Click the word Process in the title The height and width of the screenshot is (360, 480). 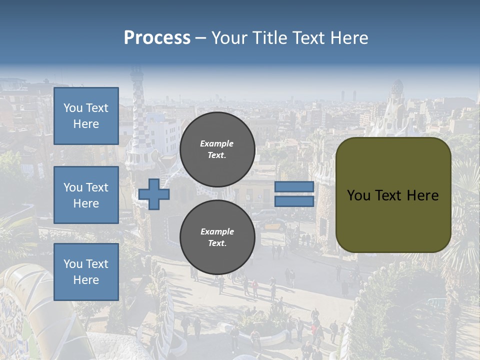(x=157, y=38)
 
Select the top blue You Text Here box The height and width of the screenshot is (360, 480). (x=86, y=116)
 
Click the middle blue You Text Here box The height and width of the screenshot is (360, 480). (x=86, y=195)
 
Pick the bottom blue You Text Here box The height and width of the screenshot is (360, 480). (x=86, y=272)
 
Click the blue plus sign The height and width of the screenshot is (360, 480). (x=154, y=194)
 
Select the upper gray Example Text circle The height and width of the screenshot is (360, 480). (x=217, y=149)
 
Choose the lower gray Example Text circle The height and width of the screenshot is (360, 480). (x=217, y=237)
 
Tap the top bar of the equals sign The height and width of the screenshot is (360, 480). (x=294, y=186)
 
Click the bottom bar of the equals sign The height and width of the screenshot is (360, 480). (x=294, y=201)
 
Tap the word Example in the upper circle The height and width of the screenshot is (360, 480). (x=217, y=143)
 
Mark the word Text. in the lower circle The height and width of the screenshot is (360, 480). (x=217, y=243)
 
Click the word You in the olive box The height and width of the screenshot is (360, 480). (x=358, y=195)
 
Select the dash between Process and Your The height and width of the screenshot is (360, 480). (x=200, y=38)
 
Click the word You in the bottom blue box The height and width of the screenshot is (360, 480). (x=73, y=264)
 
